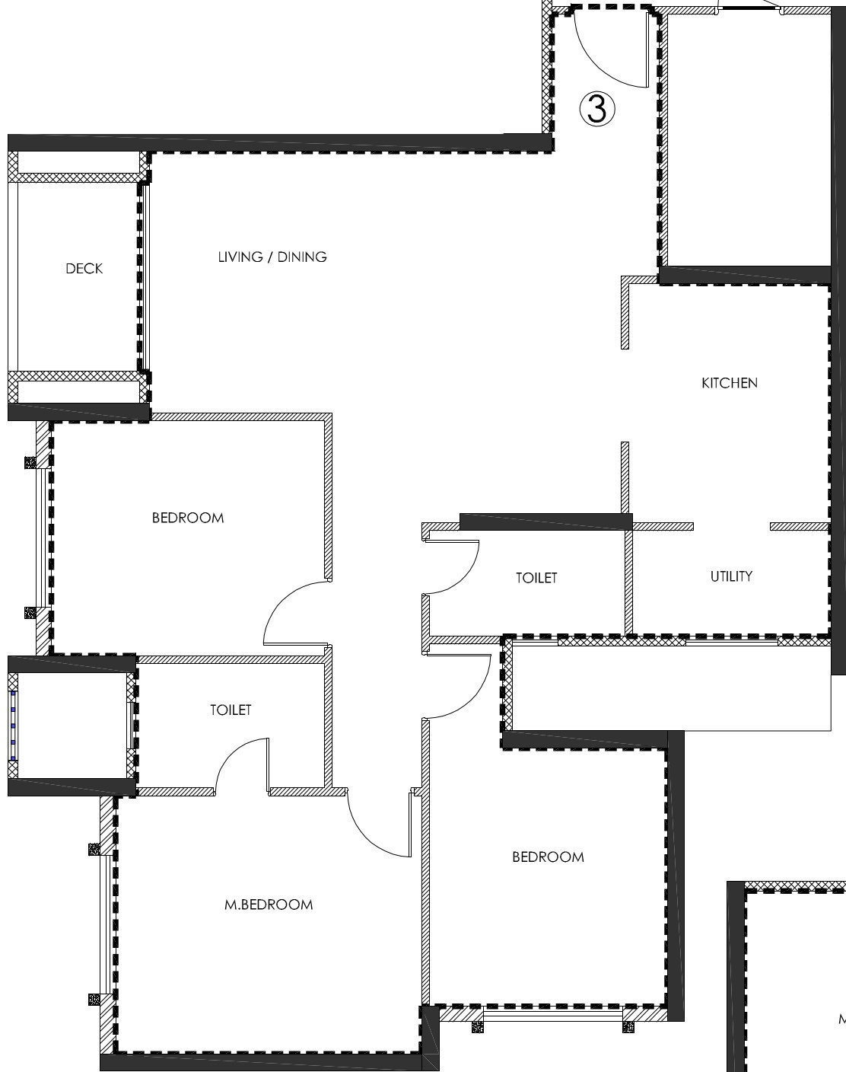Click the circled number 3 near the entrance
(597, 109)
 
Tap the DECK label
(84, 269)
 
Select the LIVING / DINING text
(272, 257)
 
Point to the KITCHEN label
(729, 383)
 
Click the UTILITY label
(731, 576)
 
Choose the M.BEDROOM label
(269, 905)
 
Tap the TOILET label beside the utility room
(536, 578)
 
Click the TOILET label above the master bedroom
(231, 710)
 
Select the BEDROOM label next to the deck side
(188, 518)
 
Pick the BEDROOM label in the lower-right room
(548, 857)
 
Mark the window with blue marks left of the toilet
(13, 725)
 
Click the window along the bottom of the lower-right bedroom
(553, 1016)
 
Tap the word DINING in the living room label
(302, 257)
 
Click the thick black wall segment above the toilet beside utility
(545, 522)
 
